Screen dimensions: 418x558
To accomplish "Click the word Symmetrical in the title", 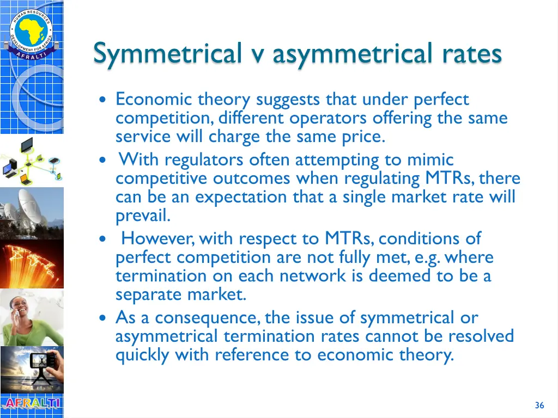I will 167,54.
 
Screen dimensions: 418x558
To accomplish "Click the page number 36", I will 539,405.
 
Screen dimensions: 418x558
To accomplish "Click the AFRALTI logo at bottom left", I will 32,404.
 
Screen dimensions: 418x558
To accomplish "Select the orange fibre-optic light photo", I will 32,263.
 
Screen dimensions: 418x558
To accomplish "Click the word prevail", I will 143,216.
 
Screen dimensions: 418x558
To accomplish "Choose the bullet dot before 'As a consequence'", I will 104,318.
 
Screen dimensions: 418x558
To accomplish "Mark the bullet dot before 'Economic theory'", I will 104,100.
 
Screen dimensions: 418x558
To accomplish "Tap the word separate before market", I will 150,294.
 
